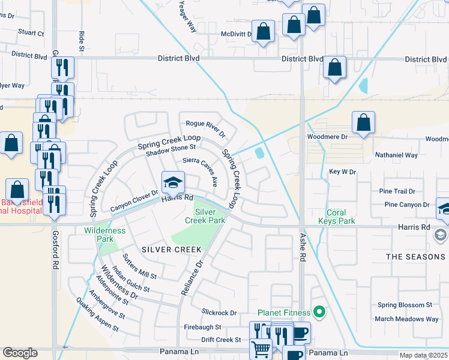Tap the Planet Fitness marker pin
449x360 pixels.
click(x=319, y=312)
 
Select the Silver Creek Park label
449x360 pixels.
click(x=210, y=216)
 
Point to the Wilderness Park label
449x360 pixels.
click(x=105, y=235)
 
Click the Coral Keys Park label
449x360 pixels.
click(x=340, y=217)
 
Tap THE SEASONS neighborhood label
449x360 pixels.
click(x=415, y=257)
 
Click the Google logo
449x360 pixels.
click(x=20, y=353)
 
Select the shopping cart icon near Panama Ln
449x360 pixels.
click(x=261, y=348)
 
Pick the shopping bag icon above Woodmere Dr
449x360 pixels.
click(x=363, y=124)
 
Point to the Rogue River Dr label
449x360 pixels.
click(x=205, y=128)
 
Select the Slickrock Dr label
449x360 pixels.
click(x=220, y=313)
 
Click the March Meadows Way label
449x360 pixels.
click(x=406, y=319)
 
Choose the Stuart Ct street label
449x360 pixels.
click(x=31, y=34)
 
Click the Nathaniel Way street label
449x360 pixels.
click(x=396, y=155)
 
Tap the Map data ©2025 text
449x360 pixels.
click(x=423, y=356)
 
